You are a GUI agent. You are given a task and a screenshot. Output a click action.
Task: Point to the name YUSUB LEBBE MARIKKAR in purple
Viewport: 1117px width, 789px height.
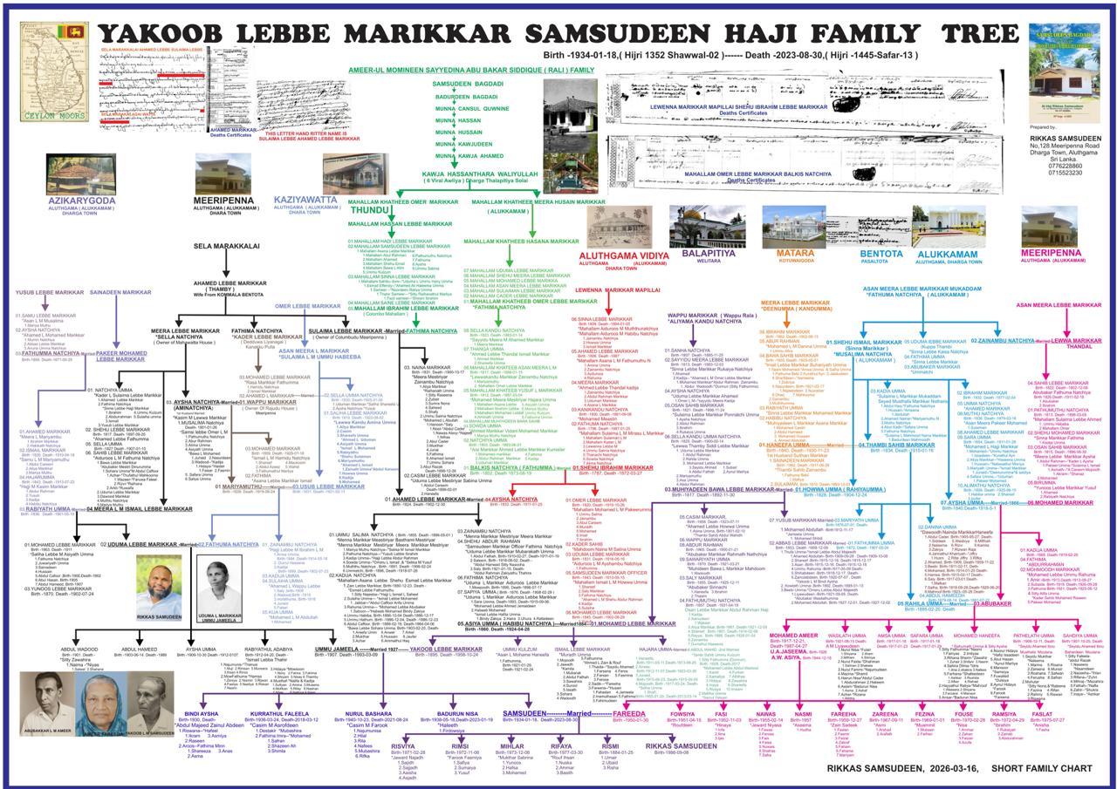coord(50,292)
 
